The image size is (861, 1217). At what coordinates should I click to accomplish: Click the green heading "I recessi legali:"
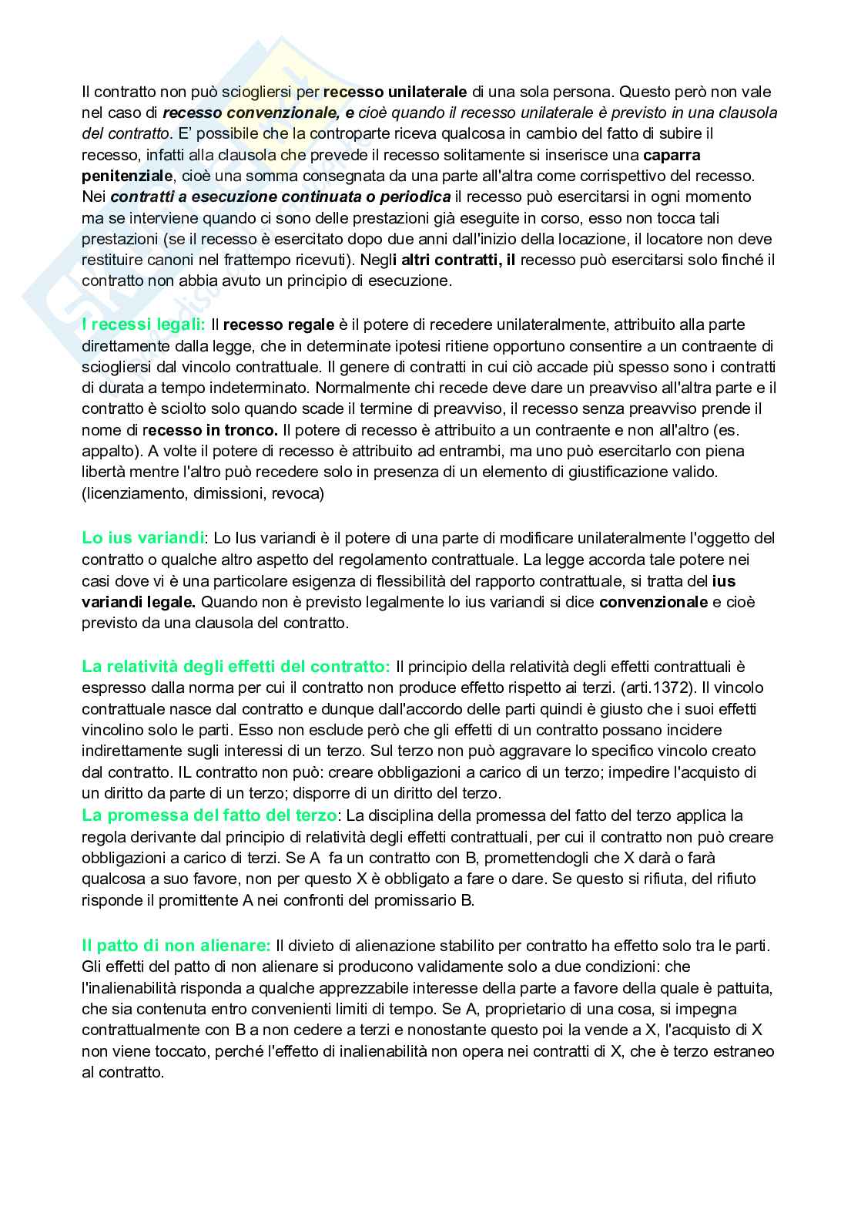coord(143,324)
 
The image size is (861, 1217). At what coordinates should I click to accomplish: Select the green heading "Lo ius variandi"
coord(143,538)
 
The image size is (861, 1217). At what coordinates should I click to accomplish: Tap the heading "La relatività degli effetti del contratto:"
coord(236,666)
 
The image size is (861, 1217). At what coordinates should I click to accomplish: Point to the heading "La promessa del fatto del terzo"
coord(209,815)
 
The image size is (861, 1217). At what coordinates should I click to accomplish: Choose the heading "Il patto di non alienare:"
coord(176,944)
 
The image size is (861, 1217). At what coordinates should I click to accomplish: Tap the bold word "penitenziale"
coord(127,176)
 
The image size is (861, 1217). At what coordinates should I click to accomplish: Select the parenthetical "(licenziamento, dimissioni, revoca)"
coord(203,493)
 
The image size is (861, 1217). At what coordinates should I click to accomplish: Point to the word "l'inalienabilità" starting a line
coord(128,987)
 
